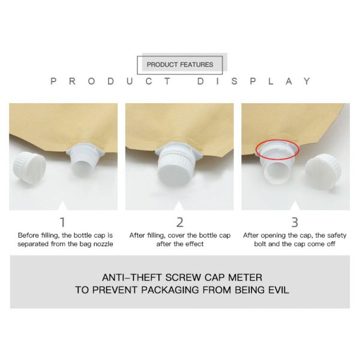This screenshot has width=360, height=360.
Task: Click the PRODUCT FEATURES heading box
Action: (x=180, y=65)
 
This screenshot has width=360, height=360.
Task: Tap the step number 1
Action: (x=62, y=222)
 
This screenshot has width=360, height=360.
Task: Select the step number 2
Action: (x=180, y=222)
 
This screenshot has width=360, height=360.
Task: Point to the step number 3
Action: (x=295, y=222)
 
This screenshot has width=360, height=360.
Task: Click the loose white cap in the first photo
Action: (x=29, y=166)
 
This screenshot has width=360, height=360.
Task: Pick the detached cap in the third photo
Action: (x=323, y=171)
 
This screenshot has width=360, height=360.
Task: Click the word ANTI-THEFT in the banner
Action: (x=132, y=278)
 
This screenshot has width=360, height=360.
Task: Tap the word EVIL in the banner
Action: (x=278, y=290)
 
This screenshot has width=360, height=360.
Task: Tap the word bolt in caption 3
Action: (x=260, y=244)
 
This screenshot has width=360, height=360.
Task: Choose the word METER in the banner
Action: (x=245, y=278)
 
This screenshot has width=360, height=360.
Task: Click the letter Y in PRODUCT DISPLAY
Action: (x=307, y=81)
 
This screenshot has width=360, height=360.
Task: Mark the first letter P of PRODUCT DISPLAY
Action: (x=53, y=81)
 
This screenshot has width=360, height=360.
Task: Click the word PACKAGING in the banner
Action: (x=170, y=290)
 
